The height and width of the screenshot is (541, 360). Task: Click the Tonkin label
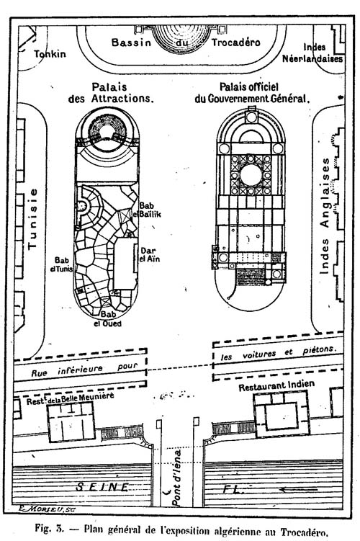tap(50, 54)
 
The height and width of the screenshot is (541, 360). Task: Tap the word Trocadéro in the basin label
tap(236, 43)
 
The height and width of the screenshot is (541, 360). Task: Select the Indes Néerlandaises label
tap(312, 53)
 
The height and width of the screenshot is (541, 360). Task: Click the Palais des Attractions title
tap(110, 92)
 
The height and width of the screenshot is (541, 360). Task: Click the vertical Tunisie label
tap(32, 219)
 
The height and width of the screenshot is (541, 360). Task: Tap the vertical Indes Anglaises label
tap(325, 216)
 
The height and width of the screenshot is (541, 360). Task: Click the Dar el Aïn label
tap(149, 254)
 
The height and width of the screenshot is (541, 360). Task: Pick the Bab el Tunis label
tap(62, 264)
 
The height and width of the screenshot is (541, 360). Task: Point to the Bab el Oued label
tap(108, 319)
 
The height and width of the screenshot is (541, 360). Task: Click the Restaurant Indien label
tap(276, 385)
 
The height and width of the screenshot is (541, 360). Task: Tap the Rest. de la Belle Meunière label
tap(70, 398)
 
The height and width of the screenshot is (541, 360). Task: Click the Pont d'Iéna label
tap(176, 478)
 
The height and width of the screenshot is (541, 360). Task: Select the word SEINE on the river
tap(102, 487)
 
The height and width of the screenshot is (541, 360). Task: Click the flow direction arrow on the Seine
tap(298, 489)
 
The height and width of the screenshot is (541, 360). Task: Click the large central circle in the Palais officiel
tap(251, 175)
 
